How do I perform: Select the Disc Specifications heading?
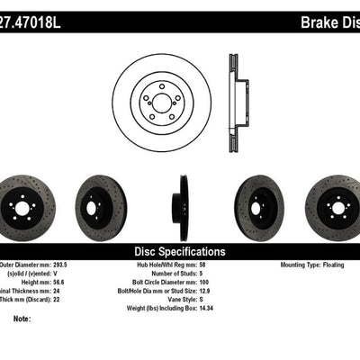180,252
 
